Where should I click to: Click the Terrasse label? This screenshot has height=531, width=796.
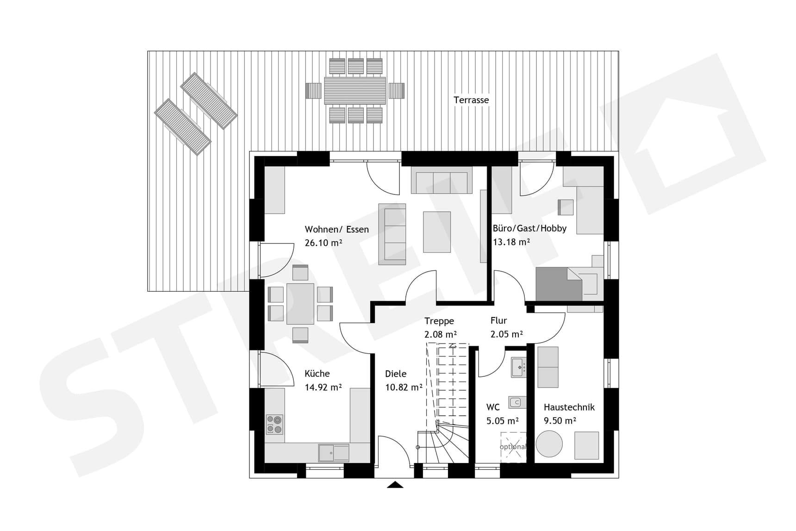coord(471,100)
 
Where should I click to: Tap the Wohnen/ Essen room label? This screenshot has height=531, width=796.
coord(336,229)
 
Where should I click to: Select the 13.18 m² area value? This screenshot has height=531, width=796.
coord(511,242)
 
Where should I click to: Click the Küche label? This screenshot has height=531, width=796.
coord(317,374)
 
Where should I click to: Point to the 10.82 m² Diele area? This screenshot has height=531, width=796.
coord(404,387)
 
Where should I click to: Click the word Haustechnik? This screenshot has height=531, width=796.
coord(569,407)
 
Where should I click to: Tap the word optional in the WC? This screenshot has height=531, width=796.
coord(513,447)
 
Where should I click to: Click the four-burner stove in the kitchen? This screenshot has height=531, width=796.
coord(274,425)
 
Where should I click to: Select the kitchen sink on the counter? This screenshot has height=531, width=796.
coord(333,453)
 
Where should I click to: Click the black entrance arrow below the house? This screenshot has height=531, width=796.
coord(395,485)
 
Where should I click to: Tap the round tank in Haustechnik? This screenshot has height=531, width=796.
coord(549,444)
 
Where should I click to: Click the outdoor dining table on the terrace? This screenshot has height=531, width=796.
coord(355,91)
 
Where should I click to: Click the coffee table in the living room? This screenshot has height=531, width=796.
coord(437,232)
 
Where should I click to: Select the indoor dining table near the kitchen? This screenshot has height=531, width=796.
coord(300,304)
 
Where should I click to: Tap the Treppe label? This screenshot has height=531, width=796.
coord(439,321)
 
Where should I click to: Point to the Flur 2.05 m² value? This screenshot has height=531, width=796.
coord(506,334)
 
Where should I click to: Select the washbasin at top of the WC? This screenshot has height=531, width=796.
coord(519,367)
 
